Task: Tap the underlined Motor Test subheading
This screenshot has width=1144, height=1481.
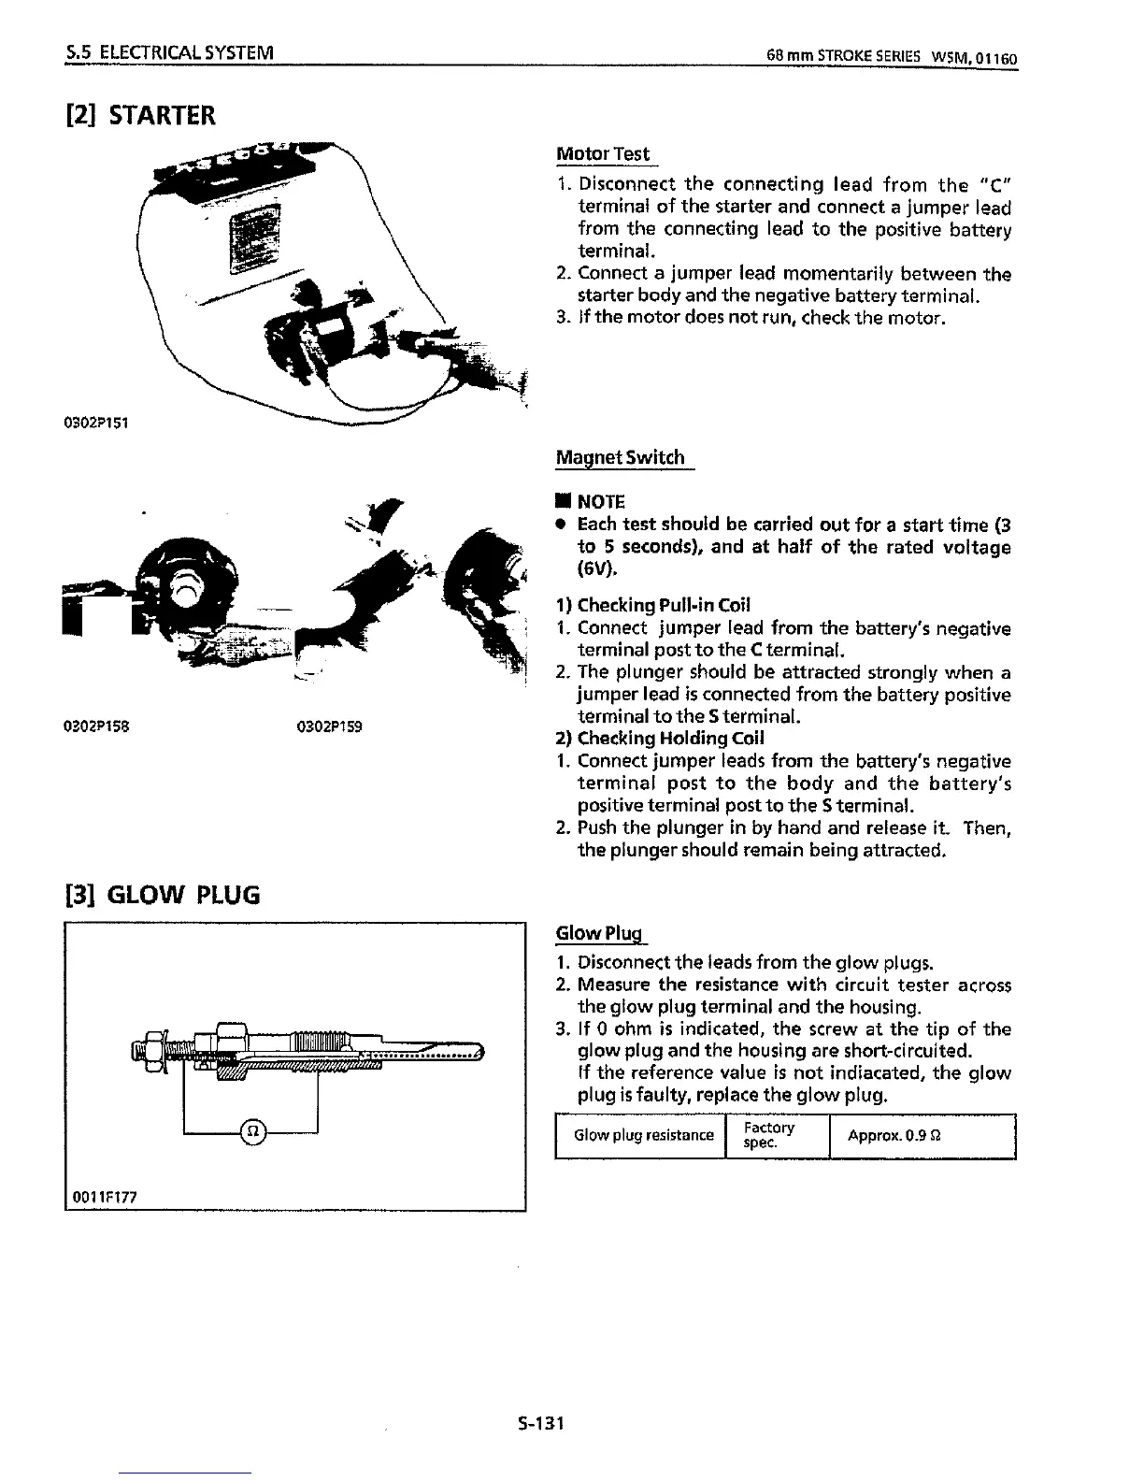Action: tap(602, 153)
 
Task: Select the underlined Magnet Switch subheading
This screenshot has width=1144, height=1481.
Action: tap(621, 457)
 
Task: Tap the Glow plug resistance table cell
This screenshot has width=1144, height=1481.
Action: tap(643, 1135)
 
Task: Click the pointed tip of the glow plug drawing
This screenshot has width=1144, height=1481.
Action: tap(479, 1053)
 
